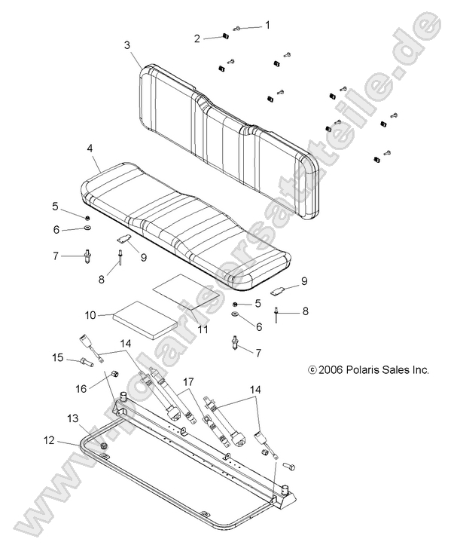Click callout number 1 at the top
click(266, 25)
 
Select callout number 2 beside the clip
click(197, 38)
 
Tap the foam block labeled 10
click(145, 318)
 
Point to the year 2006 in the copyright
click(332, 370)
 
